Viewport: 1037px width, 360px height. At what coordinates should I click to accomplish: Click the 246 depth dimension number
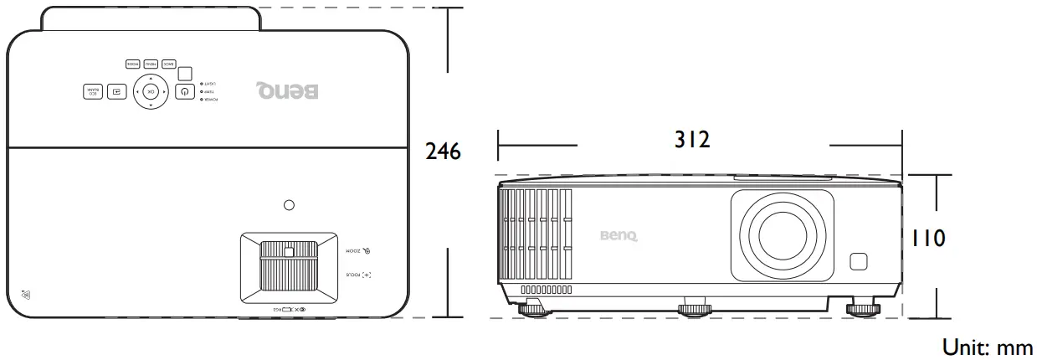443,152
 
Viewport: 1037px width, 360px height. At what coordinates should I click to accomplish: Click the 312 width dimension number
692,140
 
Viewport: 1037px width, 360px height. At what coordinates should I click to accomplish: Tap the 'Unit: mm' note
988,347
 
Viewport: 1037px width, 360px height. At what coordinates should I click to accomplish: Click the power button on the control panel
184,90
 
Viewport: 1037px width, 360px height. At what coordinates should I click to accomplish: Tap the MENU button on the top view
151,64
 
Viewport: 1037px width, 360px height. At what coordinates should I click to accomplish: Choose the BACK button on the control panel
168,64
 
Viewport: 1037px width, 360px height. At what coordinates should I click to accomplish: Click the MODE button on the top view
132,64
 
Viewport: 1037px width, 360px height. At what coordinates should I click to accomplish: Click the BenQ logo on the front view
618,236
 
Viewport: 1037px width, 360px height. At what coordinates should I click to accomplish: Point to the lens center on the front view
782,234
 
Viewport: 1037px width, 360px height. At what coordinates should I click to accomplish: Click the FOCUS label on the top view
357,274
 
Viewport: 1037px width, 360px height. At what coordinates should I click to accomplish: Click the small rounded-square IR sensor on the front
860,261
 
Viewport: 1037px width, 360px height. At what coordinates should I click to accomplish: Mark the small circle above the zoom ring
290,204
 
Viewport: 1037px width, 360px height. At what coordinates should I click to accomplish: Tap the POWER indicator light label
209,100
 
